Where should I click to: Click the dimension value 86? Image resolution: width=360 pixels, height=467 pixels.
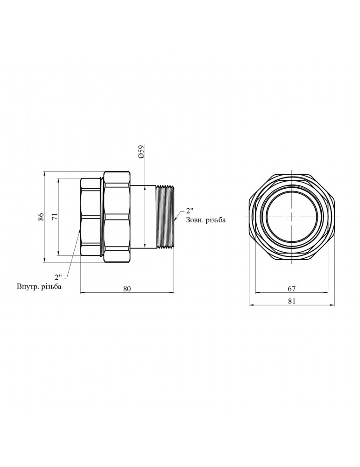41,217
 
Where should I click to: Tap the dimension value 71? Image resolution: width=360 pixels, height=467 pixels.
55,217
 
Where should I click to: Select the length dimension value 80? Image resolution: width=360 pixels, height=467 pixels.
127,289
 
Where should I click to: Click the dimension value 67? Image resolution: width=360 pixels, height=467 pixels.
291,289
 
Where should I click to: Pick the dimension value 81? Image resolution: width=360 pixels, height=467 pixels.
291,301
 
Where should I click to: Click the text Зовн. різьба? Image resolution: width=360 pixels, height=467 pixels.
206,220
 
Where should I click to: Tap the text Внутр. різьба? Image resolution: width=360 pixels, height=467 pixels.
39,287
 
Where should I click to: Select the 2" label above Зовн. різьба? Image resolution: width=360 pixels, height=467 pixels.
190,211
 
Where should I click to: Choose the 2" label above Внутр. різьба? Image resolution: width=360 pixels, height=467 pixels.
58,276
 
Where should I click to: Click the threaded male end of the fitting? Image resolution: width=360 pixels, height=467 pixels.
165,217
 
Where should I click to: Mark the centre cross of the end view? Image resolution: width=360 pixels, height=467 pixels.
292,217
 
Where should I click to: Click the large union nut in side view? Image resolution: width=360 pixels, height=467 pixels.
117,217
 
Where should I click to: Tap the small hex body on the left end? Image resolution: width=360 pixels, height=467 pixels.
91,217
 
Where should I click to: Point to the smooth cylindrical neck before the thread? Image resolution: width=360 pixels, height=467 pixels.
143,217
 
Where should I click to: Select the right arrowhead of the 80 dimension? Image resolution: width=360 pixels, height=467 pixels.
172,293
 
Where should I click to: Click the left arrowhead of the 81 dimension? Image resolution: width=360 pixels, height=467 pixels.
251,305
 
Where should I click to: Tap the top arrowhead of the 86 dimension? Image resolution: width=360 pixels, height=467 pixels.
45,173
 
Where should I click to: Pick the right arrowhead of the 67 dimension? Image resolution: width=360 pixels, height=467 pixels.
326,293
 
